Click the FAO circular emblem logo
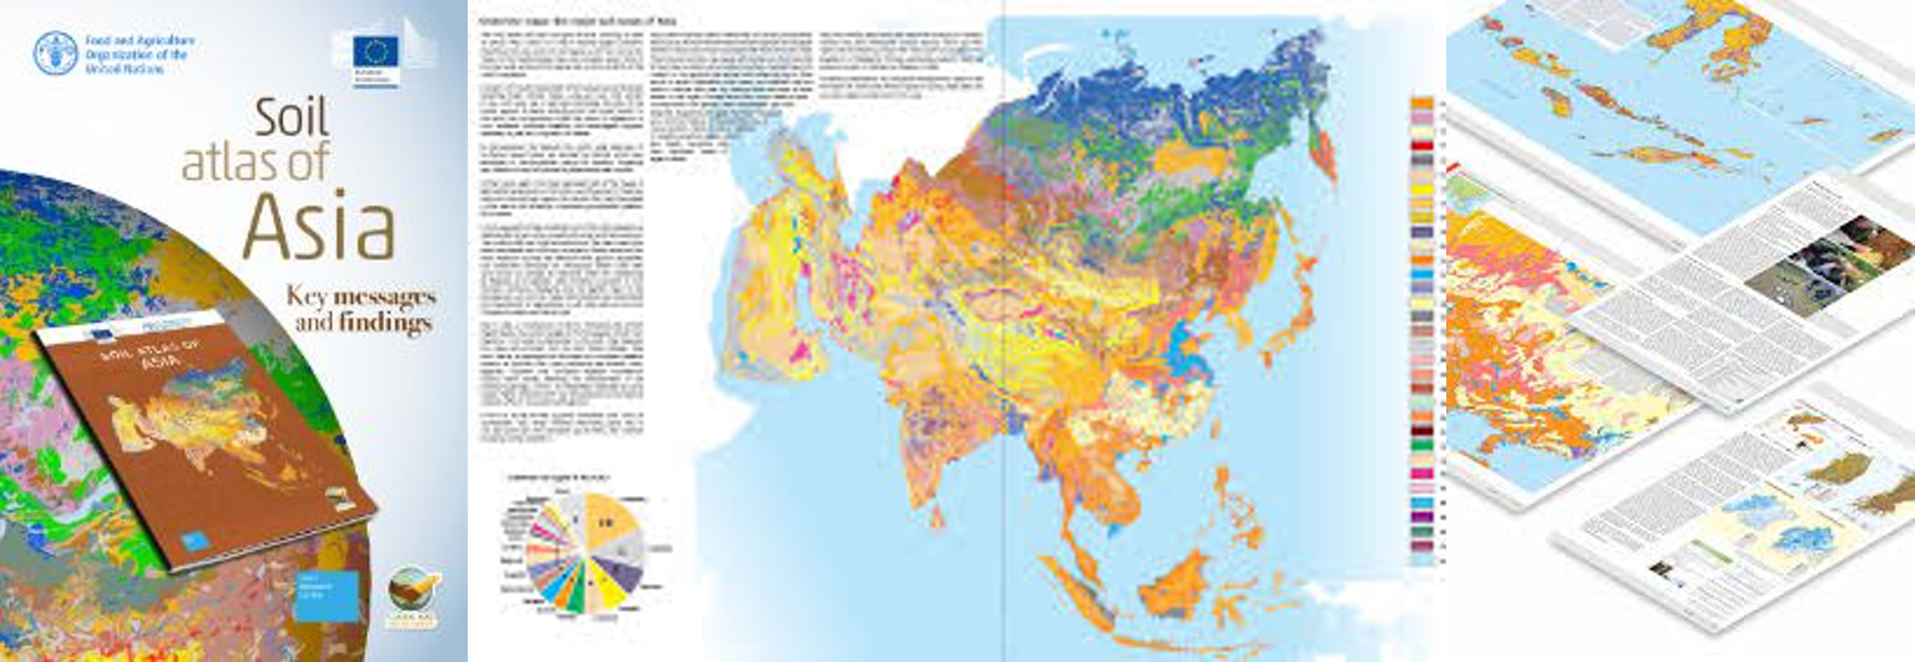pyautogui.click(x=55, y=53)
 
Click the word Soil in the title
pyautogui.click(x=292, y=118)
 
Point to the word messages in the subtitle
pyautogui.click(x=384, y=297)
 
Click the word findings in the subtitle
pyautogui.click(x=385, y=323)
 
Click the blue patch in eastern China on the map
pyautogui.click(x=1188, y=350)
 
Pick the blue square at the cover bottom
pyautogui.click(x=326, y=595)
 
